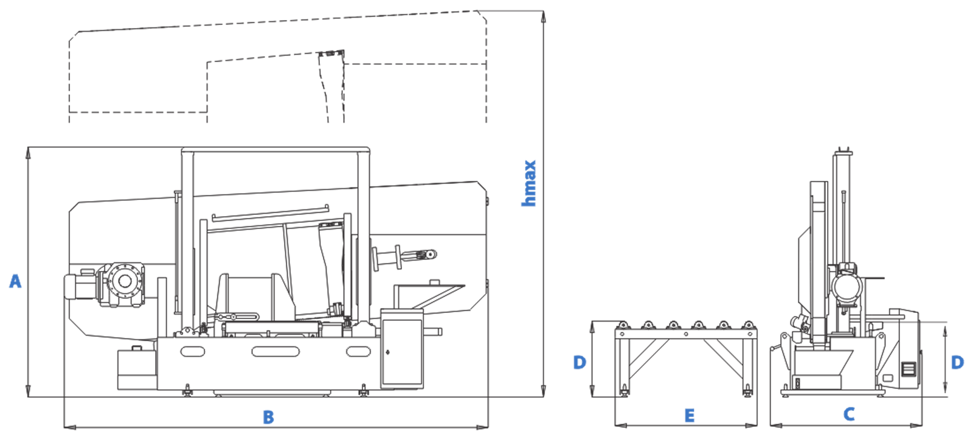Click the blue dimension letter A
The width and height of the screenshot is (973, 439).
coord(15,281)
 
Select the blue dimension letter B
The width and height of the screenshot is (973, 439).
coord(268,417)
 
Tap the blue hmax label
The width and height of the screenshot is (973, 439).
coord(529,183)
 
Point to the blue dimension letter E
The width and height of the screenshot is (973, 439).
coord(690,416)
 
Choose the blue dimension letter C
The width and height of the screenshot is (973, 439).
coord(849,414)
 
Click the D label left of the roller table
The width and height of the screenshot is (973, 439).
coord(580,362)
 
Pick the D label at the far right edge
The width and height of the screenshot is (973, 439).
coord(957,362)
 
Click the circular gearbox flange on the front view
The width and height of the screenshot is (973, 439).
coord(125,281)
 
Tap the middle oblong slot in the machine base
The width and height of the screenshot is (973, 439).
coord(275,351)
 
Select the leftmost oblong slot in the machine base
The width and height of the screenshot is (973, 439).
coord(192,351)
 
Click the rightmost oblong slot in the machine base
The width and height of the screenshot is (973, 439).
coord(358,351)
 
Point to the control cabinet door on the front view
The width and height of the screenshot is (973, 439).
coord(402,352)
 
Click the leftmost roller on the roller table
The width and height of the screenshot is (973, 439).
coord(623,325)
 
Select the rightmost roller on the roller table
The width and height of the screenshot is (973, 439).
coord(748,325)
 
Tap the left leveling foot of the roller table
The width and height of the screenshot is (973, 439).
coord(624,391)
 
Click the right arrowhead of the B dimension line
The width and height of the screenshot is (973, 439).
coord(482,427)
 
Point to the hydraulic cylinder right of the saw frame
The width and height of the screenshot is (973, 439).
coord(404,257)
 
